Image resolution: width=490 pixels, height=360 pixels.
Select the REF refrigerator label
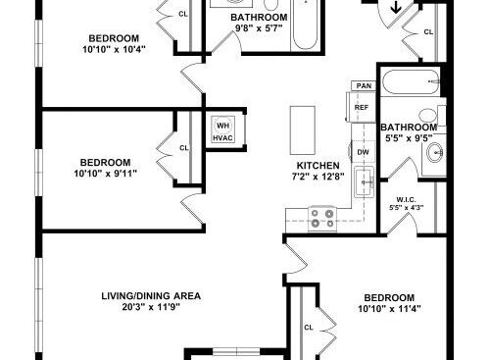362,107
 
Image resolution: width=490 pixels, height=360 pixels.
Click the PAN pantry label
365,86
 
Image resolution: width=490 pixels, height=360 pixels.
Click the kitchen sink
365,180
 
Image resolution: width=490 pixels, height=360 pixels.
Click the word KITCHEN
319,165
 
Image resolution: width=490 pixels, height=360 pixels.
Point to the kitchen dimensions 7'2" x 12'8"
319,178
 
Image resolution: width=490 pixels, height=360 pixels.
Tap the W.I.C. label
406,196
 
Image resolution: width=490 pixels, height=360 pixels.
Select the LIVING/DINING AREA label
151,294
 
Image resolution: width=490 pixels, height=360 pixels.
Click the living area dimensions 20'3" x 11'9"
151,306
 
